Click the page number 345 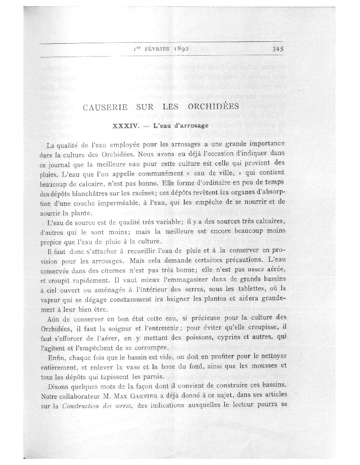(279, 48)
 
